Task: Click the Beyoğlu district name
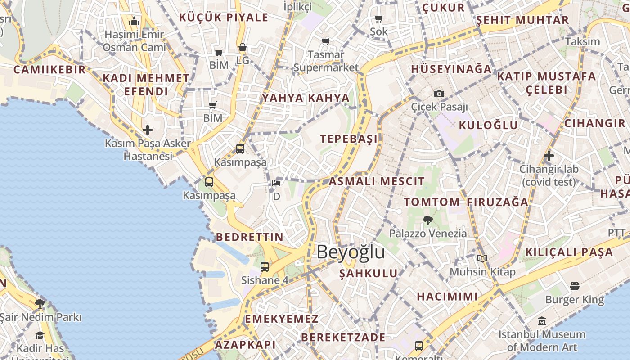pyautogui.click(x=351, y=252)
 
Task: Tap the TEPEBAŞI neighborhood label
pyautogui.click(x=349, y=139)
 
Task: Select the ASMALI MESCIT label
pyautogui.click(x=376, y=181)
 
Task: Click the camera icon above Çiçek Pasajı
pyautogui.click(x=439, y=94)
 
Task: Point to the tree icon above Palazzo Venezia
pyautogui.click(x=427, y=220)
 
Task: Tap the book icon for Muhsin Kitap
pyautogui.click(x=482, y=259)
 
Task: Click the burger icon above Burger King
pyautogui.click(x=574, y=286)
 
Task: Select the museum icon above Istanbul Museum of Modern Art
pyautogui.click(x=542, y=321)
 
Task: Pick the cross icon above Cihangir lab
pyautogui.click(x=549, y=156)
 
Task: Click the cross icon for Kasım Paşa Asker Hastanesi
pyautogui.click(x=147, y=130)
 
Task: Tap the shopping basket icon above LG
pyautogui.click(x=242, y=47)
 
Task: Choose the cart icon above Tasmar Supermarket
pyautogui.click(x=325, y=41)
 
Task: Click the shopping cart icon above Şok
pyautogui.click(x=378, y=18)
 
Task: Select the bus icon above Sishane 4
pyautogui.click(x=264, y=266)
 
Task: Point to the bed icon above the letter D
pyautogui.click(x=276, y=183)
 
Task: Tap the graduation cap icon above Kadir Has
pyautogui.click(x=40, y=335)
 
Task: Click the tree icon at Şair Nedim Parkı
pyautogui.click(x=40, y=303)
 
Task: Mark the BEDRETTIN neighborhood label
pyautogui.click(x=249, y=237)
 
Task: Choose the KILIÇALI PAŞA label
pyautogui.click(x=569, y=252)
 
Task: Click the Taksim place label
pyautogui.click(x=582, y=41)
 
